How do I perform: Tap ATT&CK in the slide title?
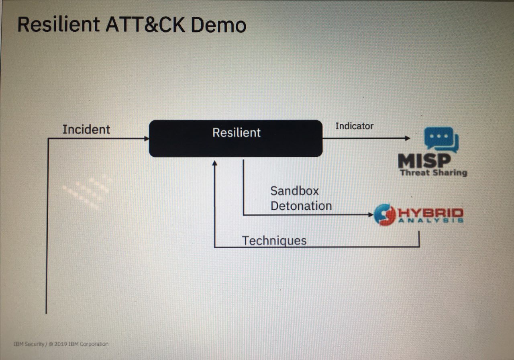(145, 25)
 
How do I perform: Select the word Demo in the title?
(218, 25)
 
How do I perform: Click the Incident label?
(86, 129)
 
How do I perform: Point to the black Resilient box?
(236, 139)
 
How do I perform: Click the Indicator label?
(354, 126)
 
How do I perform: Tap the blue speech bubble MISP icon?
(441, 139)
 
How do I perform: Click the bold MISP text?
(424, 161)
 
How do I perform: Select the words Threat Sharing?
(433, 172)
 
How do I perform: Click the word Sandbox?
(295, 191)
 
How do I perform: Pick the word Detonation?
(301, 206)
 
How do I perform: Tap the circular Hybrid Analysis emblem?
(385, 215)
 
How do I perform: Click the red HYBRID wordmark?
(431, 213)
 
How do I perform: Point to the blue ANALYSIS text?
(431, 221)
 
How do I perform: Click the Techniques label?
(274, 241)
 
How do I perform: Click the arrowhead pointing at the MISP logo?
(408, 138)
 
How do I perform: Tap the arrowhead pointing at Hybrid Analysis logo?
(371, 215)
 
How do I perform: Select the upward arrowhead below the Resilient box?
(214, 163)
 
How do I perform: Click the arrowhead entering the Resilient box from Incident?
(147, 139)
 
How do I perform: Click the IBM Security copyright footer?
(61, 344)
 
